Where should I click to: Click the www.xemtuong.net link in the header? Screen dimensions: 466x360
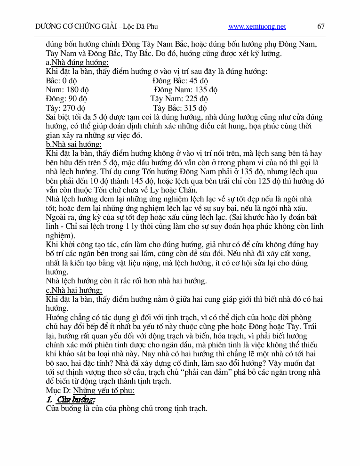(x=257, y=27)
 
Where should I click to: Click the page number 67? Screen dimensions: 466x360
(x=321, y=26)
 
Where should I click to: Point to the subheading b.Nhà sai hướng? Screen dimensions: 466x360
(x=73, y=145)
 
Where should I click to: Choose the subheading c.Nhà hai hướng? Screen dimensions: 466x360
(x=74, y=290)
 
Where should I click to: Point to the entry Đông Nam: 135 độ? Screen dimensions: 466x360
(x=185, y=90)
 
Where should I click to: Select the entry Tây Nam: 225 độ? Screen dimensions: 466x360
(x=179, y=99)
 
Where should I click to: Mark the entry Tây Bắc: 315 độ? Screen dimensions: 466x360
(x=180, y=108)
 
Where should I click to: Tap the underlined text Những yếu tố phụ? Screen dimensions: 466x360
(x=104, y=391)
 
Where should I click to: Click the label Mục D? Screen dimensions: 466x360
(x=58, y=391)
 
